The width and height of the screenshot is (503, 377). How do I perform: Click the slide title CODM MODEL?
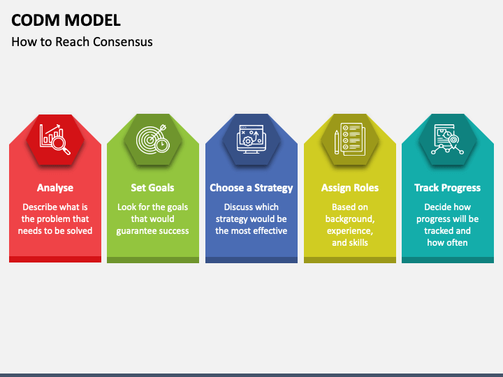click(66, 20)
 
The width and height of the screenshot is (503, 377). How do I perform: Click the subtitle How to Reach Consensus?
click(82, 42)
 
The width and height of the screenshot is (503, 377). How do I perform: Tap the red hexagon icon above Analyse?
click(55, 139)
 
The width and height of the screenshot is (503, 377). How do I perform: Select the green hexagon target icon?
click(153, 139)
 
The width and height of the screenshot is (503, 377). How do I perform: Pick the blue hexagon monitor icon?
click(251, 139)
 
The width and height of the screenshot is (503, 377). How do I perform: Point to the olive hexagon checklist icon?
click(349, 139)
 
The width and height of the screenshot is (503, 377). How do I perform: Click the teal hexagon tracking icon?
click(447, 139)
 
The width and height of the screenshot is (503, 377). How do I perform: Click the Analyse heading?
click(55, 188)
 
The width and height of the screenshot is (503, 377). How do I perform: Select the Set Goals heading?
click(152, 188)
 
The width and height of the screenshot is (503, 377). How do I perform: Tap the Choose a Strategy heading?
click(251, 188)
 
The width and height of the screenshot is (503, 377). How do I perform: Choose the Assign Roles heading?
click(349, 188)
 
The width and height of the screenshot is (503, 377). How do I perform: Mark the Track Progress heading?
click(447, 188)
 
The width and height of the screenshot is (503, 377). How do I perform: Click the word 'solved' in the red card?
click(78, 231)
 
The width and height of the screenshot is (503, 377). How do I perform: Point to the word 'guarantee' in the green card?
click(137, 231)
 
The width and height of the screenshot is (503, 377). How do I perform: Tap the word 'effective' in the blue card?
click(269, 231)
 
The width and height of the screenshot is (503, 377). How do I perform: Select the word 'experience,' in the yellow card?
click(349, 231)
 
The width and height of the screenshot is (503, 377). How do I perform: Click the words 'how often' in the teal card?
click(447, 243)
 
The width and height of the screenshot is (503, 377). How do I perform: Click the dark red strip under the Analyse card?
click(55, 259)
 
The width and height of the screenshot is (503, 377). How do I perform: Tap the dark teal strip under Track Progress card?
click(447, 259)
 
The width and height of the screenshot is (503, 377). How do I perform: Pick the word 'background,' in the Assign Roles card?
click(349, 219)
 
